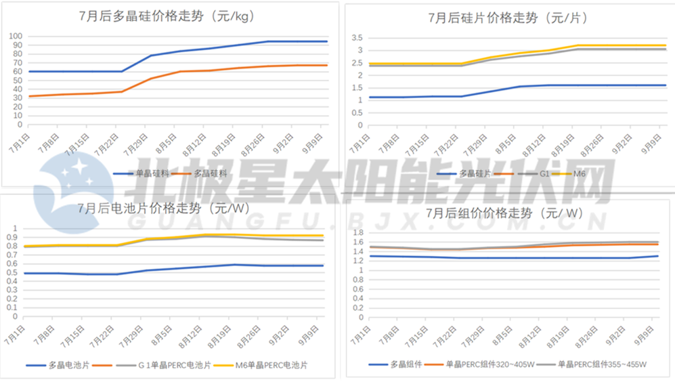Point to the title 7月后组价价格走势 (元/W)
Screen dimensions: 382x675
click(x=504, y=213)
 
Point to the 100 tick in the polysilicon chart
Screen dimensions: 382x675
click(x=14, y=36)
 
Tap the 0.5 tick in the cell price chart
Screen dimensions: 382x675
click(x=13, y=273)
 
